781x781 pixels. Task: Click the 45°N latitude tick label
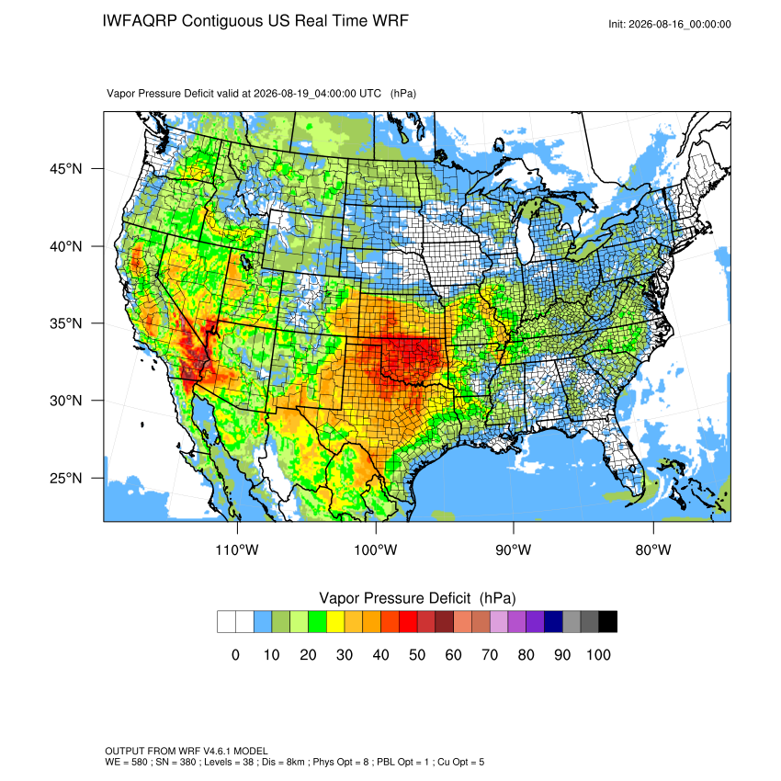[65, 169]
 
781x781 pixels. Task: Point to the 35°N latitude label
[65, 323]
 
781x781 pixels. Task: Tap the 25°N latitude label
[65, 478]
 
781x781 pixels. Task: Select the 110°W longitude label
[237, 549]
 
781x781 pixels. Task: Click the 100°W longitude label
[376, 549]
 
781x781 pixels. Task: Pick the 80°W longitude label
[653, 549]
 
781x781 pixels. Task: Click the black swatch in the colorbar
[607, 622]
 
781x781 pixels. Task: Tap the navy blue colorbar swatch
[553, 622]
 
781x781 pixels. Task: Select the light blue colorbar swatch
[263, 622]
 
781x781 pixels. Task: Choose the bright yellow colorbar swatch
[335, 622]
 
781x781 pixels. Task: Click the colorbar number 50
[417, 654]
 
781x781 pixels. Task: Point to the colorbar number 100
[598, 654]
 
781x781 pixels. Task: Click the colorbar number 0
[235, 654]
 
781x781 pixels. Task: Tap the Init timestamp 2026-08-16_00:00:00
[680, 25]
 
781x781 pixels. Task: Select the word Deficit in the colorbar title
[450, 598]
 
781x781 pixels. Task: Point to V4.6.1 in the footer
[217, 751]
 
